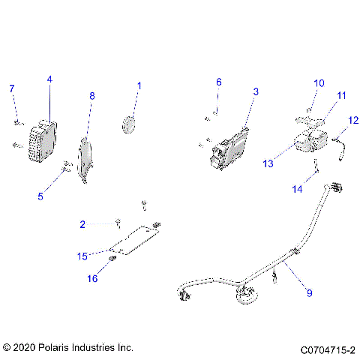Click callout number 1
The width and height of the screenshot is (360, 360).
(139, 86)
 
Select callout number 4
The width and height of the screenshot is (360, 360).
(49, 79)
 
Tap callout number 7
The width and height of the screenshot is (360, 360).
(11, 89)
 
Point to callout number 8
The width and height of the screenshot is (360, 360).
(92, 96)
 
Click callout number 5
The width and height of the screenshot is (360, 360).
(40, 196)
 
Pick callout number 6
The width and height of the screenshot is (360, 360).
(219, 82)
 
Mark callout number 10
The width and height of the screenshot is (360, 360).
(317, 82)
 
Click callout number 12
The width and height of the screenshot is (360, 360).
(353, 120)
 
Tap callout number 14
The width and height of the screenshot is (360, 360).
(298, 190)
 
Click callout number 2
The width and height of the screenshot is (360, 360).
(82, 223)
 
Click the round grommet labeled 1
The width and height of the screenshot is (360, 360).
(130, 124)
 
